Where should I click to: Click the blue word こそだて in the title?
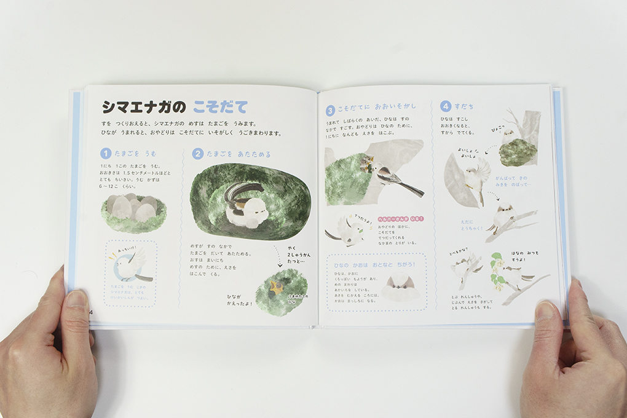[x=219, y=107]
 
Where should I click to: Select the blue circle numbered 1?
[x=106, y=154]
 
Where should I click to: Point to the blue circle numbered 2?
[x=197, y=154]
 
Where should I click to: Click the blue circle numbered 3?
[x=330, y=111]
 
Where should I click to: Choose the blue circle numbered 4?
[x=446, y=106]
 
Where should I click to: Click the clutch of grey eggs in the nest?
[x=132, y=207]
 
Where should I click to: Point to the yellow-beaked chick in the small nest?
[x=277, y=288]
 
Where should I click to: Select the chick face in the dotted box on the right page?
[x=396, y=286]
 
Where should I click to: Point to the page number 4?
[x=91, y=312]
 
